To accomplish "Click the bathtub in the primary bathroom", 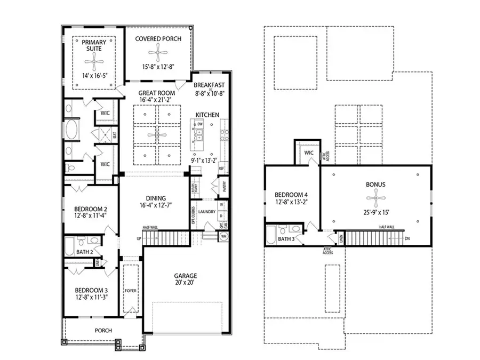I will coord(71,129).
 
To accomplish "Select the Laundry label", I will coord(206,212).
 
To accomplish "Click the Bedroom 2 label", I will coord(87,209).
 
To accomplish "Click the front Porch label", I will coord(103,331).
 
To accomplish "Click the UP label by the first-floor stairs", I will coord(139,238).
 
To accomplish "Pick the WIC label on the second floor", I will coord(308,153).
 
